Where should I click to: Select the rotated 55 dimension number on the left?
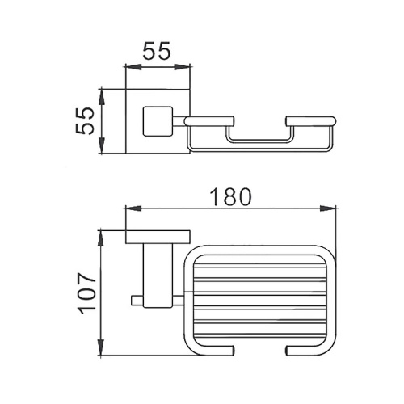pyautogui.click(x=84, y=121)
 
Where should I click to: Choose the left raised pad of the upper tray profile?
pyautogui.click(x=208, y=121)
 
